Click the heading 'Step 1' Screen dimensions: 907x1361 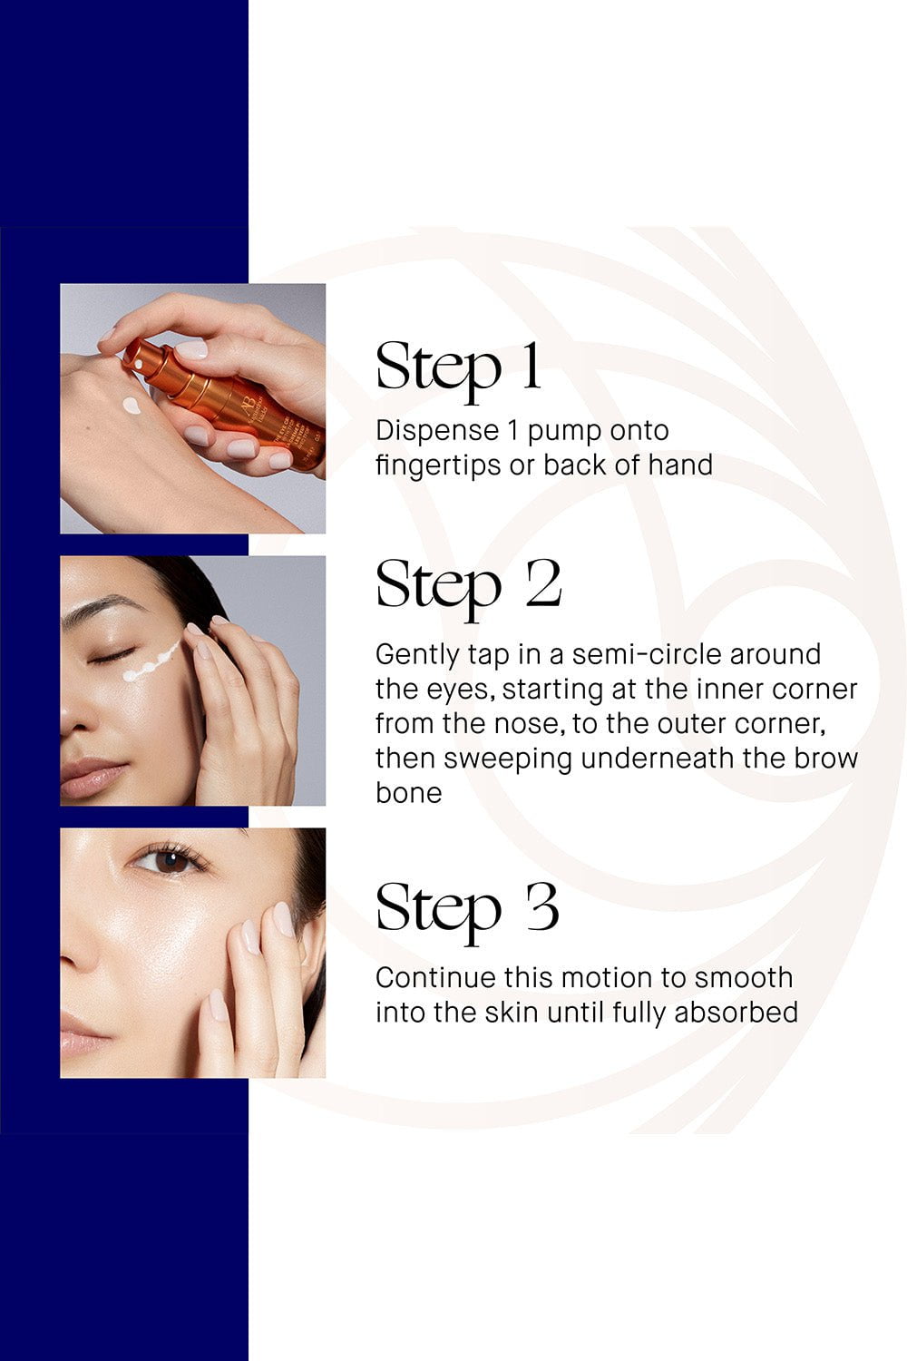click(x=458, y=368)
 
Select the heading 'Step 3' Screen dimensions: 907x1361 click(x=467, y=911)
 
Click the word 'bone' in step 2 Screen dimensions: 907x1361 click(x=409, y=794)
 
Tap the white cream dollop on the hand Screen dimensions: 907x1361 click(x=132, y=405)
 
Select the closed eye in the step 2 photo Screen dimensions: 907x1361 click(x=112, y=656)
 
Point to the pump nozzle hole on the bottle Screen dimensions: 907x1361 click(x=139, y=365)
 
